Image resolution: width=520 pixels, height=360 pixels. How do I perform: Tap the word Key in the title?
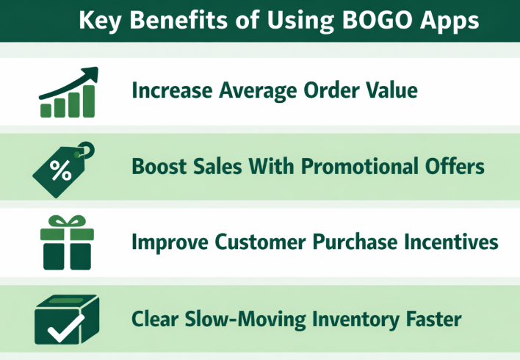[98, 20]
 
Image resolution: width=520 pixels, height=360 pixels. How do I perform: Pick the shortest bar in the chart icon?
[46, 109]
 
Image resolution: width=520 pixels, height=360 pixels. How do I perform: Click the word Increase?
[170, 90]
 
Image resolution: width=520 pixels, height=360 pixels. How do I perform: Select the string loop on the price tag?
[86, 150]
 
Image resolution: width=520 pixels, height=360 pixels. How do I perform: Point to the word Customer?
[251, 242]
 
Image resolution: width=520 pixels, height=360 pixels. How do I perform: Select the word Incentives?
[448, 242]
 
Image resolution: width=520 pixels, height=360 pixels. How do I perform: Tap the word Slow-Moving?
[247, 320]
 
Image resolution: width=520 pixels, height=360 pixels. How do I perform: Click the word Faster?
[434, 320]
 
